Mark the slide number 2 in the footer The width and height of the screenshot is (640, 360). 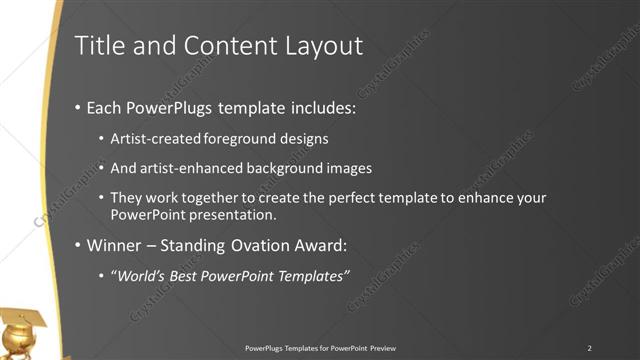tap(590, 347)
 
